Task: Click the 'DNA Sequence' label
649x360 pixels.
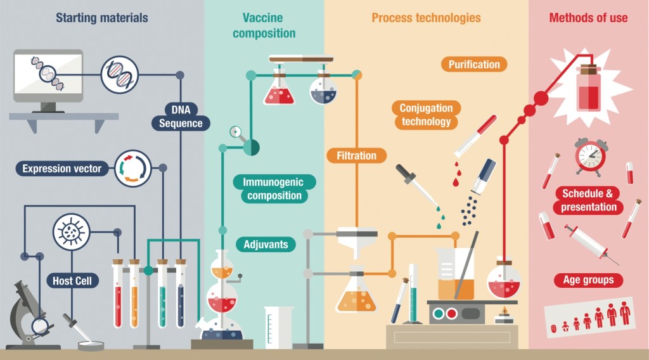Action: coord(181,115)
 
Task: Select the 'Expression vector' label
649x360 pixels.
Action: coord(61,169)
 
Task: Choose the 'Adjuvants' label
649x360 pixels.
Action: coord(266,244)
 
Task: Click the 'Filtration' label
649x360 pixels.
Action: coord(356,155)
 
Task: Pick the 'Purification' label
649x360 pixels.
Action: coord(474,64)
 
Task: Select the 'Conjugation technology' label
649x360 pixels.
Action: coord(427,115)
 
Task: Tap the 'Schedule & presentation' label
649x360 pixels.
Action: coord(589,200)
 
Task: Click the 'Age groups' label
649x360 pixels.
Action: coord(589,280)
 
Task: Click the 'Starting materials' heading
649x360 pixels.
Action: coord(102,18)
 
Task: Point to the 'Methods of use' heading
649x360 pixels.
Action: coord(588,18)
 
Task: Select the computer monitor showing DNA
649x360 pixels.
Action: coord(48,77)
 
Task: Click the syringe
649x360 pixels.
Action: coord(590,243)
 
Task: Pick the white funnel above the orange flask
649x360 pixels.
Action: coord(357,240)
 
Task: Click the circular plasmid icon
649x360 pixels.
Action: coord(132,169)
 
